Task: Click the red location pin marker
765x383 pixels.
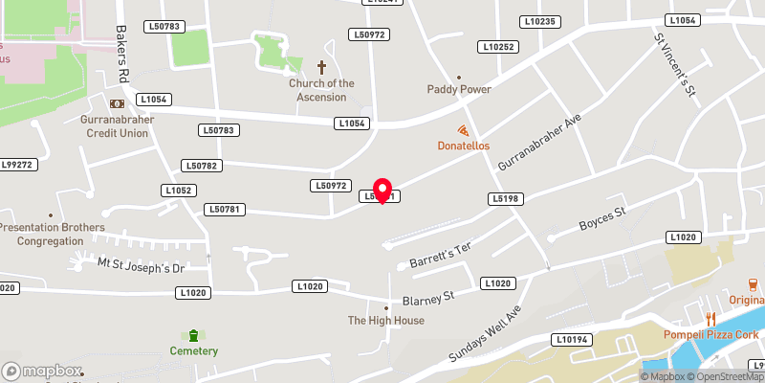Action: (382, 191)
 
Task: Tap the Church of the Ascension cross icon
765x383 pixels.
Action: (322, 67)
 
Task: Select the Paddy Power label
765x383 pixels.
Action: (459, 90)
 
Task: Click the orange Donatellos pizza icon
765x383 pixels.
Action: (464, 131)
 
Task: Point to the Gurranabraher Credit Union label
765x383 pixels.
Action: (115, 126)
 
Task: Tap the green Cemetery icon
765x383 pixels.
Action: (194, 335)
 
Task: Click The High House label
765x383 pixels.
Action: (385, 321)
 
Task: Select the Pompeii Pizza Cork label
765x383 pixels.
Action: (711, 334)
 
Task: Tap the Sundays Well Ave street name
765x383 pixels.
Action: (489, 334)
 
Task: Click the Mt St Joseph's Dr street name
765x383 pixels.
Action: (140, 263)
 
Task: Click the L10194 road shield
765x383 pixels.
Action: (571, 340)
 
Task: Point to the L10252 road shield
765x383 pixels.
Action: (498, 47)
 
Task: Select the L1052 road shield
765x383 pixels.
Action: (180, 191)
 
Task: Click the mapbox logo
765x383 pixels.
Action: (42, 371)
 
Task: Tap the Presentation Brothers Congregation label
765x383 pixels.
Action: (52, 235)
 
